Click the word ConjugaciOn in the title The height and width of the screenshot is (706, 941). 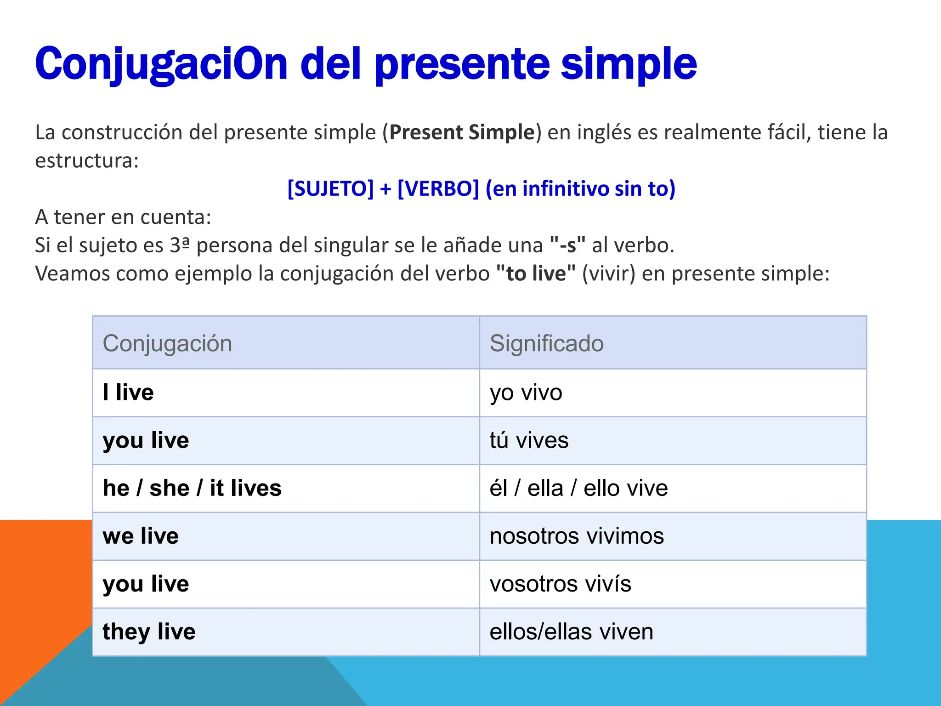point(161,64)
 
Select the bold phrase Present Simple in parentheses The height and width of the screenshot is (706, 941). point(462,132)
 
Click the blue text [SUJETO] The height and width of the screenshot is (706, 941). point(330,188)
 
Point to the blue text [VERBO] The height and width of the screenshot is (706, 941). point(438,188)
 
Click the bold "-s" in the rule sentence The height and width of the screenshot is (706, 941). point(567,245)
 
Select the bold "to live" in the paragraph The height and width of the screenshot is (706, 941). point(536,273)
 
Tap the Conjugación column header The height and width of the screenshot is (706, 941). point(167,343)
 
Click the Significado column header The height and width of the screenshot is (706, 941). point(546,343)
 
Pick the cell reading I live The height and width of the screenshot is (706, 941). point(128,393)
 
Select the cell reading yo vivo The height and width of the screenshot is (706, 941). point(526,393)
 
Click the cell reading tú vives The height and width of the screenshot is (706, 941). point(529,440)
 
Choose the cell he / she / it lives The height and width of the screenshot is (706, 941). point(192,488)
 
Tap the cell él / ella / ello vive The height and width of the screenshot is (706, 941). point(578,488)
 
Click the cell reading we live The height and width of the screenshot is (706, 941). point(141,536)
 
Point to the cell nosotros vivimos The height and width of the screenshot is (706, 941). point(577,536)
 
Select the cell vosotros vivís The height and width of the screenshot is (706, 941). point(560,584)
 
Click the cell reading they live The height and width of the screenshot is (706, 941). point(149,632)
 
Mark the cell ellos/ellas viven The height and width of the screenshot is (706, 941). point(571,632)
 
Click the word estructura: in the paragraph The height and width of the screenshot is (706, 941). point(87,161)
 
